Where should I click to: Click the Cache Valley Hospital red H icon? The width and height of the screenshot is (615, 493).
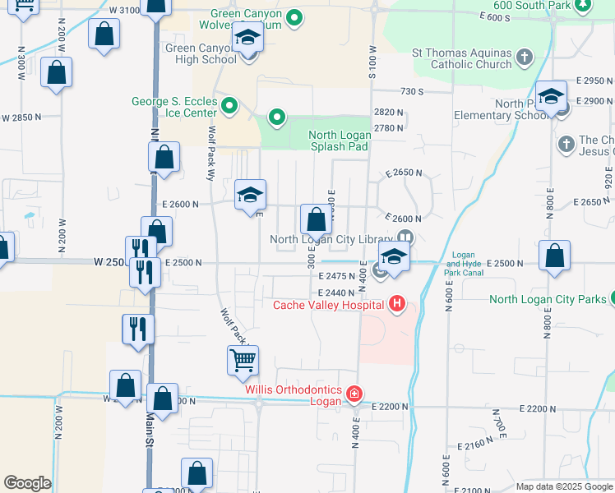pyautogui.click(x=397, y=305)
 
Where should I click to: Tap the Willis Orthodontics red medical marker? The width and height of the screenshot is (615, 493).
pyautogui.click(x=354, y=394)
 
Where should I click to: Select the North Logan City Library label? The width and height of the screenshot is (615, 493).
pyautogui.click(x=334, y=239)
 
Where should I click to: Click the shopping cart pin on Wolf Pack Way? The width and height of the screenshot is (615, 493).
pyautogui.click(x=243, y=360)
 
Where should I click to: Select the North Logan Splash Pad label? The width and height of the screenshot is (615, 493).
pyautogui.click(x=339, y=141)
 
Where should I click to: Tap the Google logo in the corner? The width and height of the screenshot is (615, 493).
pyautogui.click(x=27, y=482)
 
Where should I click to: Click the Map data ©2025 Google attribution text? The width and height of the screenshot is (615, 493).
pyautogui.click(x=564, y=486)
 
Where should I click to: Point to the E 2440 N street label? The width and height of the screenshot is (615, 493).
pyautogui.click(x=336, y=293)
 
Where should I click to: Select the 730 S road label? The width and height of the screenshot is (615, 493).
pyautogui.click(x=411, y=91)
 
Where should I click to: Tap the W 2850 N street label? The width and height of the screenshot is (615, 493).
pyautogui.click(x=21, y=117)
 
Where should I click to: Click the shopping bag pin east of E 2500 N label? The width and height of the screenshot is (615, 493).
pyautogui.click(x=556, y=256)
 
